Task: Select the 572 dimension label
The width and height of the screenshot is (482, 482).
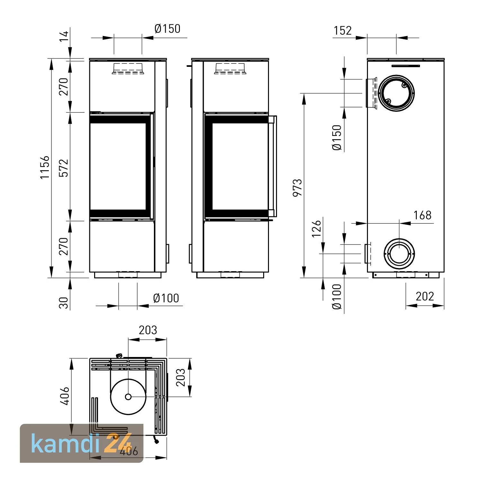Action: pos(64,168)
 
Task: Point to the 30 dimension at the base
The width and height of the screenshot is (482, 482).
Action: pos(64,303)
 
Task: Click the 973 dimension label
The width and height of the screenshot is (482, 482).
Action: pos(298,188)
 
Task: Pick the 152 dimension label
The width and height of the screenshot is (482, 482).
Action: pos(343,31)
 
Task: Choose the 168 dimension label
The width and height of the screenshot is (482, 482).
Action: pos(422,215)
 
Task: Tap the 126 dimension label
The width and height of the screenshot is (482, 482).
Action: pos(317,228)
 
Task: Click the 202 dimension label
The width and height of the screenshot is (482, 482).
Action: pos(424,296)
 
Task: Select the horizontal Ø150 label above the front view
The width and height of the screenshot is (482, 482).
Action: pos(167,29)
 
